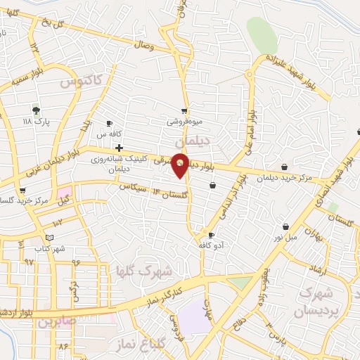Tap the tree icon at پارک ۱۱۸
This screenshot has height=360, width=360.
tap(36, 110)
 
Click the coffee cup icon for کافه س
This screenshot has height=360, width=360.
tap(109, 124)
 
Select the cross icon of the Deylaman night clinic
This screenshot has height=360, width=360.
tap(120, 148)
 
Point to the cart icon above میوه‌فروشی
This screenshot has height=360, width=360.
tap(184, 110)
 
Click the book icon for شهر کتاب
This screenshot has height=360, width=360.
tap(49, 238)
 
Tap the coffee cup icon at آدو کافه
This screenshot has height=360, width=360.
tap(211, 235)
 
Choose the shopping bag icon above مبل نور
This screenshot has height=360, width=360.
tap(286, 226)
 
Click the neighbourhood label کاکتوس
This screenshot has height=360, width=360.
tap(81, 82)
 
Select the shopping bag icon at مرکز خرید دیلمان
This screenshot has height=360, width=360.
tap(283, 167)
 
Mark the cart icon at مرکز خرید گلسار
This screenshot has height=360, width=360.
tap(23, 190)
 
